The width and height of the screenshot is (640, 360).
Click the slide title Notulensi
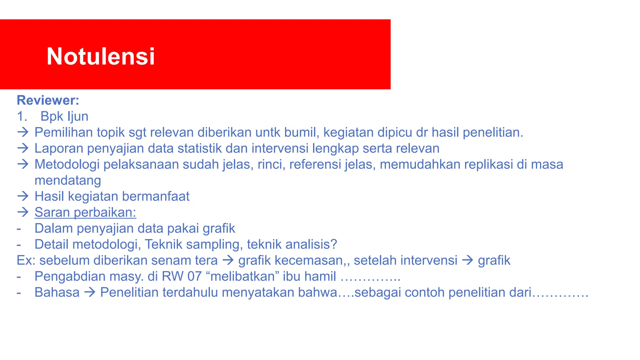pos(101,57)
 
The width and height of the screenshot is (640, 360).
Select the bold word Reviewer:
pos(48,100)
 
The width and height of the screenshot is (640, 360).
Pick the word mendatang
pos(68,181)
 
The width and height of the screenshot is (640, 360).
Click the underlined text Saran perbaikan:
pos(85,212)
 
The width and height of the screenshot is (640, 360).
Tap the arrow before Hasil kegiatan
pos(23,196)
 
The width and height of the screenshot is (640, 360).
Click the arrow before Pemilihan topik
pos(23,132)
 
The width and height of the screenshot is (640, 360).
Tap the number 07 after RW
pos(194,277)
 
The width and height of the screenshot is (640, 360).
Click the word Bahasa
pos(57,292)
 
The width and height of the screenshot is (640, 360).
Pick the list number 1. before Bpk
pos(22,117)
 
